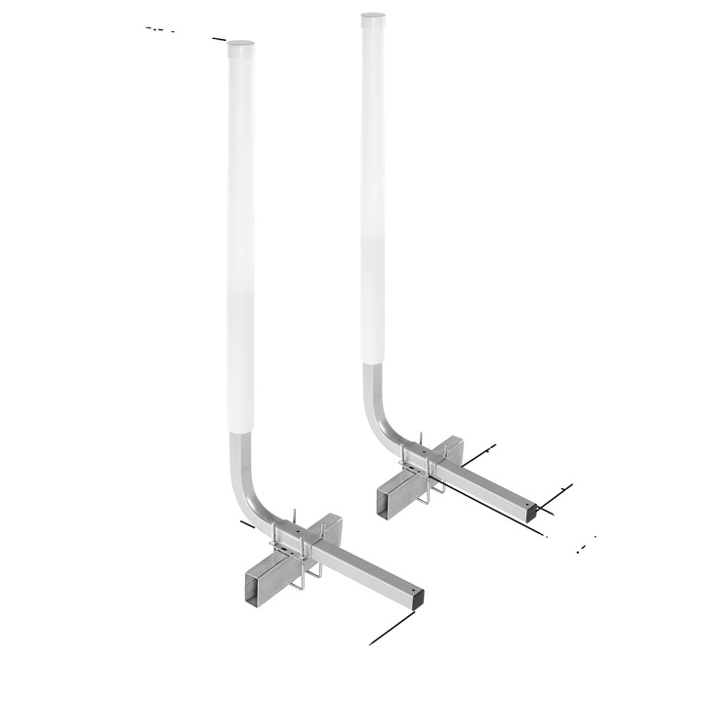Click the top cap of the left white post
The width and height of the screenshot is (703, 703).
[239, 44]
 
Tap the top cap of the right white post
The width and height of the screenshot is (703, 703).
[373, 17]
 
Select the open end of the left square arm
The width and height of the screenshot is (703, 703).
[418, 595]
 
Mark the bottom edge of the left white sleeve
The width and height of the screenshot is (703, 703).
[242, 432]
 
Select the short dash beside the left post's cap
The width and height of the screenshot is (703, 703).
[219, 38]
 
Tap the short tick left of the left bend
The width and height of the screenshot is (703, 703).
[247, 524]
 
